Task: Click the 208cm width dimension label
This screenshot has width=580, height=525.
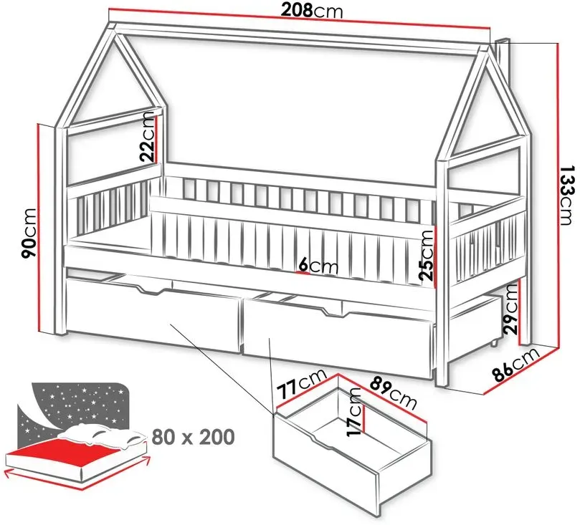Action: pos(311,11)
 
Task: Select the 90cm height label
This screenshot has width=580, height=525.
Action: pos(29,233)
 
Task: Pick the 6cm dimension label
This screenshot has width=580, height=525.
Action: pos(318,266)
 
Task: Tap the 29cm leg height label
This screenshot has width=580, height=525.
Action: pos(511,309)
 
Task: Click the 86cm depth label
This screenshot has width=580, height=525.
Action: pos(516,365)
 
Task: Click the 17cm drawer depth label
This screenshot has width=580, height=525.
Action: pos(354,412)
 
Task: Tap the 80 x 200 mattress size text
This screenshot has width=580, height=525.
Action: pos(193,436)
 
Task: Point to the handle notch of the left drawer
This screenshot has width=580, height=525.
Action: pos(152,291)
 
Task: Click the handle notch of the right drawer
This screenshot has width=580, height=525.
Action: pos(332,312)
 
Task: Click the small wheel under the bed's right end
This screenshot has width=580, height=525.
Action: pos(494,343)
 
